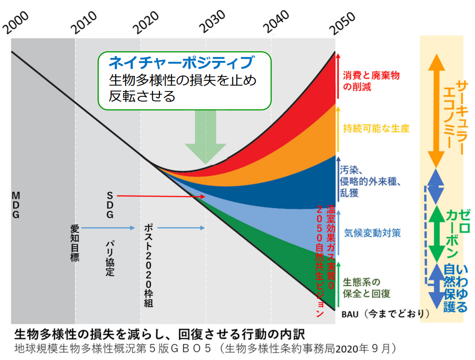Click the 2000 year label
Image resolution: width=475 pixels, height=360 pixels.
[x=16, y=22]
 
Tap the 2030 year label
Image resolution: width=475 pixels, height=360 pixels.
[x=212, y=21]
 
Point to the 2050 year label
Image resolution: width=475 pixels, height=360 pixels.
[x=342, y=23]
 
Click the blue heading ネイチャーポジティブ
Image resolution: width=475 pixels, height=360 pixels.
[x=182, y=62]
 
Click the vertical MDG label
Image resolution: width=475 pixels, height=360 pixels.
[x=16, y=205]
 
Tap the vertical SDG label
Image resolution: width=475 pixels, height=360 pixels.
[x=109, y=205]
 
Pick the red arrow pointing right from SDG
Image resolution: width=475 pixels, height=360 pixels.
[x=161, y=196]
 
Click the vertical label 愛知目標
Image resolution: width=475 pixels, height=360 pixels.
[x=75, y=243]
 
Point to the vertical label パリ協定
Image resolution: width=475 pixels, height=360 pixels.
[x=109, y=258]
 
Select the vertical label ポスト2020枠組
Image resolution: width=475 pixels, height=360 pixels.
[x=149, y=266]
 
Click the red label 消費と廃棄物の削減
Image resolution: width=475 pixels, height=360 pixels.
[x=371, y=81]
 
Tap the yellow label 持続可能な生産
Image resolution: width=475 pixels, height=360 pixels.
[x=376, y=128]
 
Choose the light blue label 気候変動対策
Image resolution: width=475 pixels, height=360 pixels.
[x=372, y=233]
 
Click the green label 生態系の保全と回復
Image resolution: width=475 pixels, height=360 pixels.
[x=366, y=287]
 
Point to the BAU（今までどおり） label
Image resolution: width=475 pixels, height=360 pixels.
[x=385, y=314]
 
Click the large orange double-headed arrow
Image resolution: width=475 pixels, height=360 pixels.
[x=436, y=111]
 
